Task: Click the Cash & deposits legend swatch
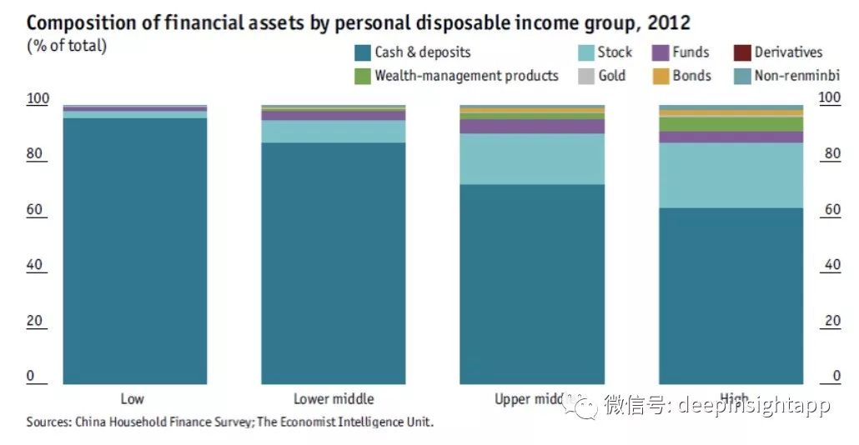(363, 52)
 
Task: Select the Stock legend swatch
(586, 52)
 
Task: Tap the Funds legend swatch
(661, 52)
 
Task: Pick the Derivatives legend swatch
(742, 52)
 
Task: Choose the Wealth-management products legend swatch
(363, 76)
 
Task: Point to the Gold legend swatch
(586, 76)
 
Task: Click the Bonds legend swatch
(661, 76)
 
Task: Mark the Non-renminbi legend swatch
(742, 76)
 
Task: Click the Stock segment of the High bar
(731, 175)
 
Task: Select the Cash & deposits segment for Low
(135, 250)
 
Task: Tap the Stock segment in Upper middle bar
(532, 158)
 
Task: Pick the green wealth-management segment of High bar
(731, 123)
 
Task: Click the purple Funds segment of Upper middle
(532, 126)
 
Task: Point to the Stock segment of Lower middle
(334, 131)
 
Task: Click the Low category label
(132, 399)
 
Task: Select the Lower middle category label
(334, 399)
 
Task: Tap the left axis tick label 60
(35, 210)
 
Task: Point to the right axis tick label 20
(831, 321)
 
